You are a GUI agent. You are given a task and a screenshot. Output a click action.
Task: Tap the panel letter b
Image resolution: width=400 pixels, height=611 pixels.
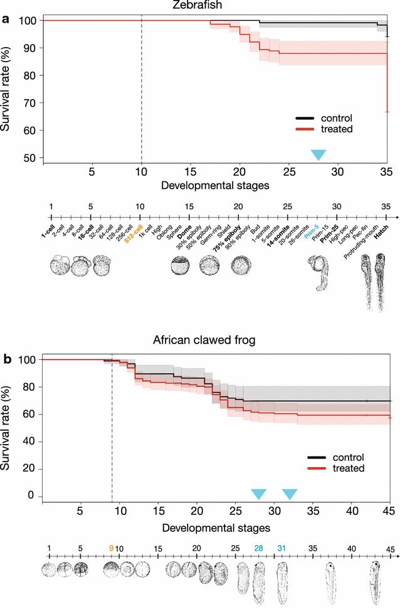[x=6, y=360]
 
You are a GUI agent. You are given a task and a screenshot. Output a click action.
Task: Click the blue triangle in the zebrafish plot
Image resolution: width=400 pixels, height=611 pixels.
[x=318, y=154]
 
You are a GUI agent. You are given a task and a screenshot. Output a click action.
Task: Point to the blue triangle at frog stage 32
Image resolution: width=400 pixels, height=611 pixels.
[x=289, y=494]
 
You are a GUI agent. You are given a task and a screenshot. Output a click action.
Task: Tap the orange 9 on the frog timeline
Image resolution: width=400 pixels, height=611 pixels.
[x=111, y=548]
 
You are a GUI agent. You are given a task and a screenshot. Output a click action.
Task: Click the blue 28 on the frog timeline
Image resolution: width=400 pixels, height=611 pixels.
[x=258, y=548]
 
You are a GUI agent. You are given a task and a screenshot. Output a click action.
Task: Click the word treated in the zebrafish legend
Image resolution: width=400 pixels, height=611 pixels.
[x=337, y=129]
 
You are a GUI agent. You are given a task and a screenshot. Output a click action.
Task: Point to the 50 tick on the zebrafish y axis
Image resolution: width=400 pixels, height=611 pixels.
[x=31, y=158]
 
